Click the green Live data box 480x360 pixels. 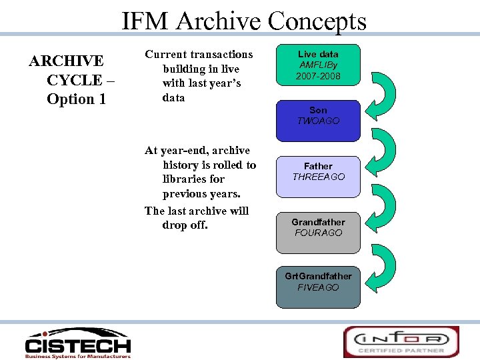[x=318, y=65]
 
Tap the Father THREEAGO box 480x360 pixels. [x=318, y=177]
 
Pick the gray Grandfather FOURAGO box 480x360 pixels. [x=318, y=233]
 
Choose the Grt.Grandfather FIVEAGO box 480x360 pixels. [x=318, y=287]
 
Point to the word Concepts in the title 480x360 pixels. [x=317, y=21]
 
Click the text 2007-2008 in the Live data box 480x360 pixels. [x=319, y=77]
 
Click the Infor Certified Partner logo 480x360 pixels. [x=401, y=341]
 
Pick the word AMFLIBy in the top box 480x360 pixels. [x=319, y=65]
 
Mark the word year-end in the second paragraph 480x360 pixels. [x=185, y=151]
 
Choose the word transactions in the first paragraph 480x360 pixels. [x=221, y=55]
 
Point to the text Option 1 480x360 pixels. [x=71, y=99]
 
